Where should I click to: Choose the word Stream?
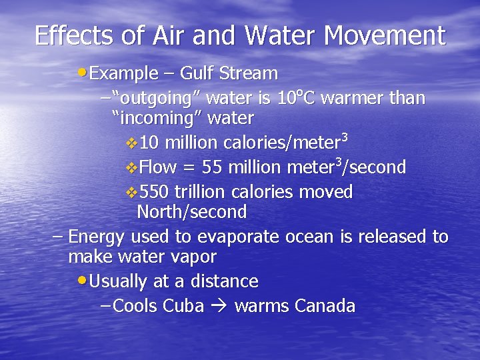253,73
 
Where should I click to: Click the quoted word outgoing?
157,99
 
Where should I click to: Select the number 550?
155,192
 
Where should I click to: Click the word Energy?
97,237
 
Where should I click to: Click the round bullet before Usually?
82,281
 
